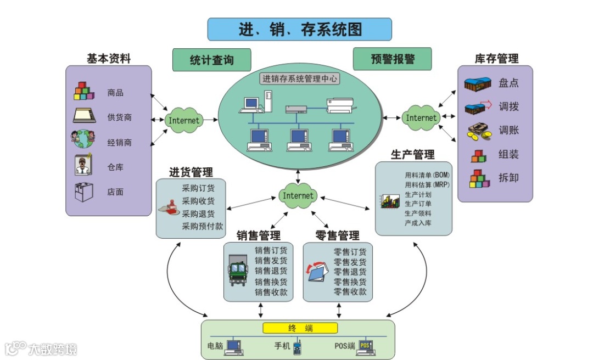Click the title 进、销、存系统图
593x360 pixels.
point(299,29)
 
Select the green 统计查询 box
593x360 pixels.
point(211,60)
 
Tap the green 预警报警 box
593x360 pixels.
point(392,59)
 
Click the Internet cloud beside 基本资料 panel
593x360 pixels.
point(183,120)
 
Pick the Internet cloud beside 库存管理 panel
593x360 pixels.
point(421,117)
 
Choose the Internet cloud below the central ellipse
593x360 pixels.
point(298,196)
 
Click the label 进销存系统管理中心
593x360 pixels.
point(300,78)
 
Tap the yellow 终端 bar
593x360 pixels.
point(300,328)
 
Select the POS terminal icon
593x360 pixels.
point(366,346)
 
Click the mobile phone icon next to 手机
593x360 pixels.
point(297,347)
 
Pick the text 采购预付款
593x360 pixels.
point(203,226)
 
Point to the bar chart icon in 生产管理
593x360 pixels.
point(389,201)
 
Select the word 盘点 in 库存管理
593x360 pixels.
point(508,83)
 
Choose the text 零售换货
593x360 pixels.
point(350,282)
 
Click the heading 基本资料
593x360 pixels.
point(109,59)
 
